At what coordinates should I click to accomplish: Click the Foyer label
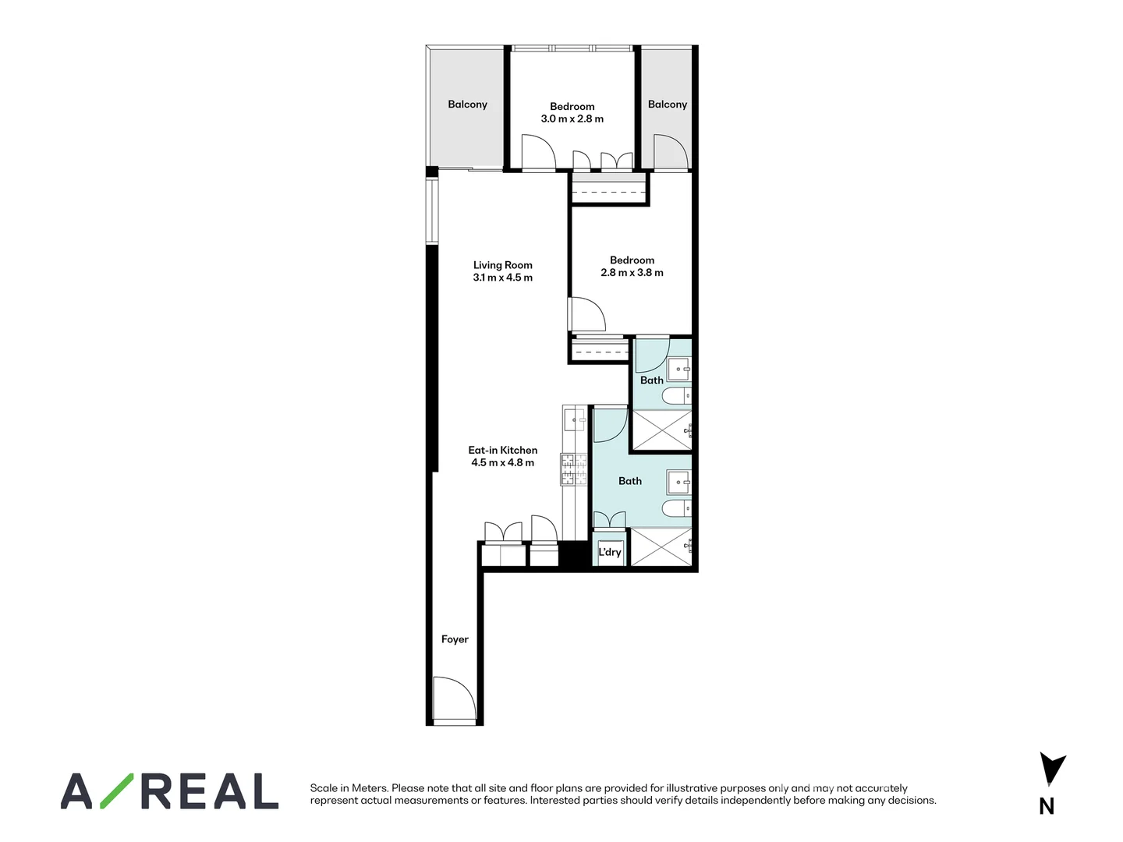[455, 639]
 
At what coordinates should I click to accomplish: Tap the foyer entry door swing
[454, 699]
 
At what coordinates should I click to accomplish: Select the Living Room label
[502, 265]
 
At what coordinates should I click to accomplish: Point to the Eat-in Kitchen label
[502, 450]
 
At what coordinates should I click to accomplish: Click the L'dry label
[610, 552]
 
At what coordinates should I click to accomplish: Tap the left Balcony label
[467, 104]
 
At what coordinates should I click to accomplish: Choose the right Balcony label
[668, 104]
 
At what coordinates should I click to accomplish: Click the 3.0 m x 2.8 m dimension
[572, 119]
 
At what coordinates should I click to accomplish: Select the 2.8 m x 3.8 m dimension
[632, 273]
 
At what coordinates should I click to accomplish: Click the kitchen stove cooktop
[573, 469]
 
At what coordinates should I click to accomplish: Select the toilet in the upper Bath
[675, 397]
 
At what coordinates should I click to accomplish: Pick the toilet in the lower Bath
[675, 509]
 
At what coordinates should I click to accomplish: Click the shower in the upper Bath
[661, 430]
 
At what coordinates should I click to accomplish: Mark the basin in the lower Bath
[678, 483]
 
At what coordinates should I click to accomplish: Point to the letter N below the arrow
[1047, 807]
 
